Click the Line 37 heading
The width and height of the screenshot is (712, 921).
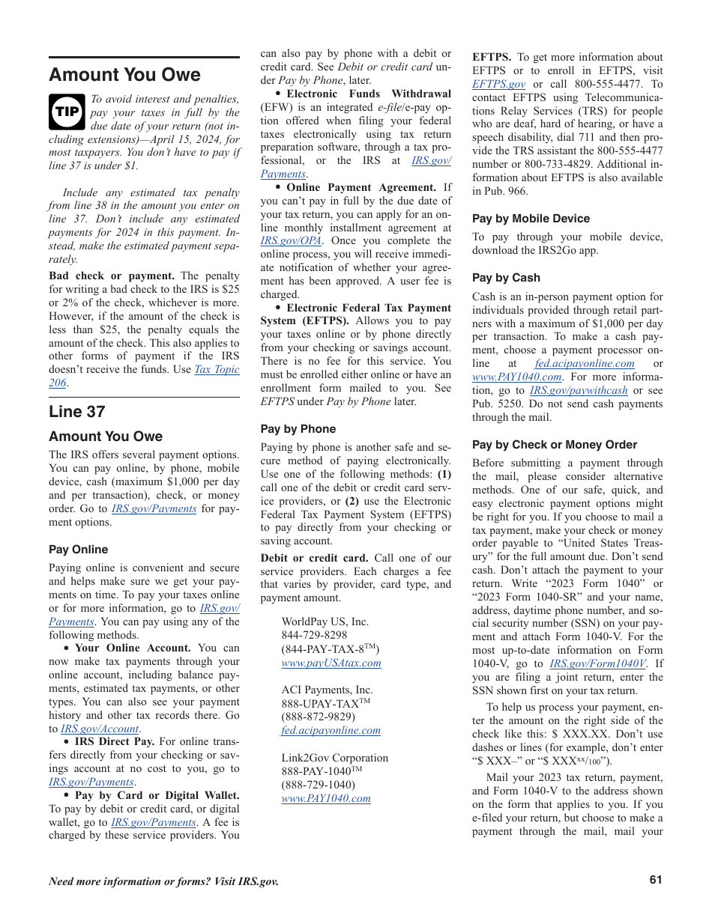tap(77, 411)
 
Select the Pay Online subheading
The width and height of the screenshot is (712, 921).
tap(79, 550)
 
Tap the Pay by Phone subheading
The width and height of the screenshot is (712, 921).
tap(298, 429)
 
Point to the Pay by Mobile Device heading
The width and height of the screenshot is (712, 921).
tap(531, 219)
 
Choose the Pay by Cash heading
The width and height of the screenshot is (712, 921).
tap(506, 278)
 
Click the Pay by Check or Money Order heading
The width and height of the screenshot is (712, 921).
tap(555, 445)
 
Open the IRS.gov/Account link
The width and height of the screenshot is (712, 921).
tap(100, 729)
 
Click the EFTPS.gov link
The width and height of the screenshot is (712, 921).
tap(498, 85)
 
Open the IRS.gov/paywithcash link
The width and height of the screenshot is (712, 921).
tap(579, 391)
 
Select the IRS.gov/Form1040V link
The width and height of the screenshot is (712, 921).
tap(597, 663)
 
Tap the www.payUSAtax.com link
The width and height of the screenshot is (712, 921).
tap(331, 663)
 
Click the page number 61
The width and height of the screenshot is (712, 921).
tap(656, 881)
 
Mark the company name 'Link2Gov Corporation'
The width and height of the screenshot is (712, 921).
tap(335, 758)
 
